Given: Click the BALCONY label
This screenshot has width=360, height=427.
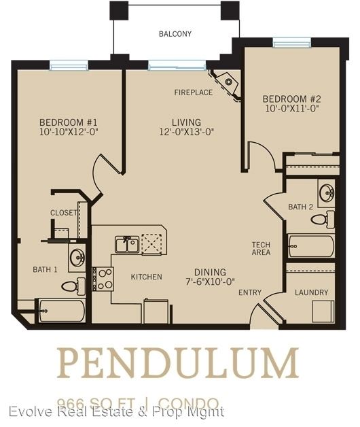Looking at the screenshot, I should click(x=175, y=33).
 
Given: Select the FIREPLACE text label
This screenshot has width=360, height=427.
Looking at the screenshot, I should click(x=193, y=92).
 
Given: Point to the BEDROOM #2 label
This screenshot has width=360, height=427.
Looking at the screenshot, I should click(x=291, y=98).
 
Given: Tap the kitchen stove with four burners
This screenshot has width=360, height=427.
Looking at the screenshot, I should click(x=103, y=279).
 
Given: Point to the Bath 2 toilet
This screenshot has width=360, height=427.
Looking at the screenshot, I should click(x=326, y=220).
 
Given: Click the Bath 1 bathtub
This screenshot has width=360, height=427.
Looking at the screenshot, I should click(x=60, y=312).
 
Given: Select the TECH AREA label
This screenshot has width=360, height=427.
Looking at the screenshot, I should click(x=261, y=248).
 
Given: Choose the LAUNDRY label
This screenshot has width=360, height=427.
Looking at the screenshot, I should click(x=311, y=292).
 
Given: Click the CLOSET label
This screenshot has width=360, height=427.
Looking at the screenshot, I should click(x=63, y=213).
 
